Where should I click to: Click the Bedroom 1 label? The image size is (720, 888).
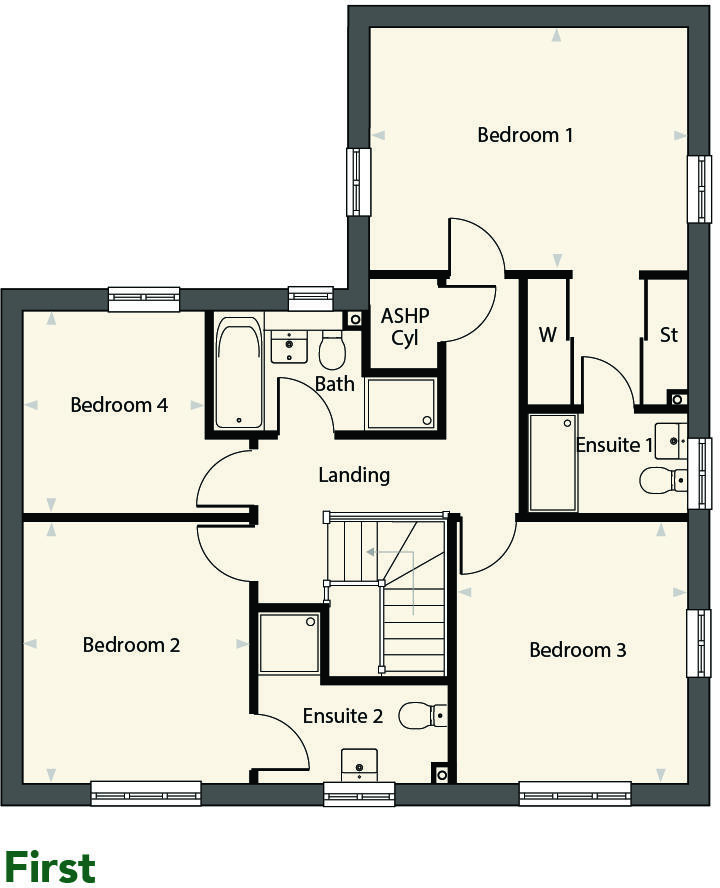[x=525, y=134]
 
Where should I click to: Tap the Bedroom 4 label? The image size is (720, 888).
[x=119, y=405]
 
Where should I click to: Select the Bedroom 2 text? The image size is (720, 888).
[x=131, y=645]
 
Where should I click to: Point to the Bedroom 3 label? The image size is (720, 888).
[x=577, y=650]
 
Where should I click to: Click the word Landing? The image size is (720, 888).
[x=354, y=475]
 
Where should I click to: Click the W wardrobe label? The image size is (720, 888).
[x=547, y=335]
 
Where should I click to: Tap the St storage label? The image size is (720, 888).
[x=668, y=335]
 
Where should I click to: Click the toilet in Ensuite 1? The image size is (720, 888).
[x=662, y=480]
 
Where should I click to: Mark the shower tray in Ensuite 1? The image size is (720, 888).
[x=552, y=463]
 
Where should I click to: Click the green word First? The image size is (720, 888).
[x=50, y=866]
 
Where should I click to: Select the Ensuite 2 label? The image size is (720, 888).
[x=343, y=715]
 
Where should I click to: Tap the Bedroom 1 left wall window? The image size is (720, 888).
[x=358, y=181]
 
